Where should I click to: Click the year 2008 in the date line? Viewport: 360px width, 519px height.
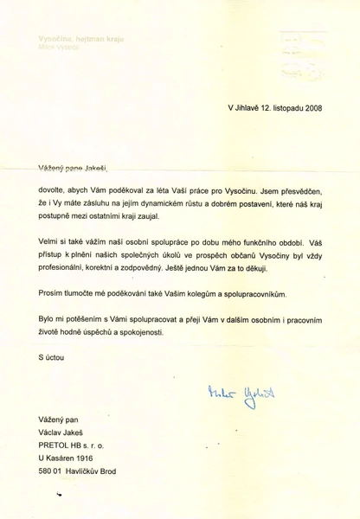[309, 108]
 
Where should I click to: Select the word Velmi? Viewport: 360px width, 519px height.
[50, 240]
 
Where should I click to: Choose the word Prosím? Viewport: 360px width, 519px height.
[53, 294]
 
